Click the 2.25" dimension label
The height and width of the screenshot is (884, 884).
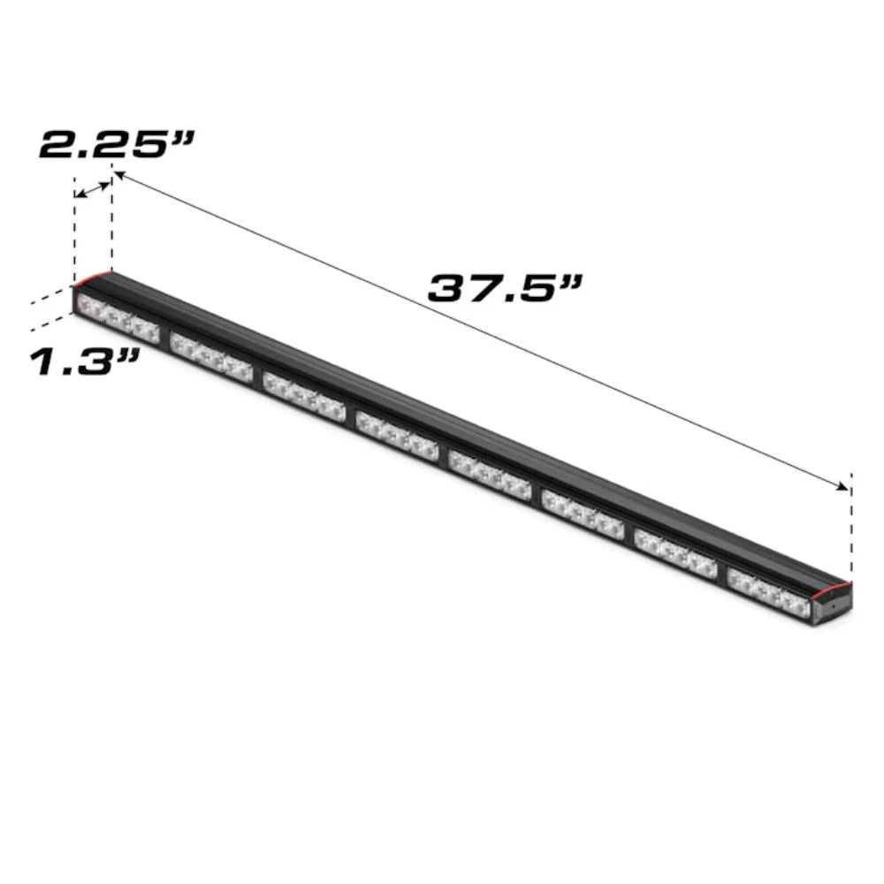click(115, 144)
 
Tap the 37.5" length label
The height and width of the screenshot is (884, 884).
click(507, 287)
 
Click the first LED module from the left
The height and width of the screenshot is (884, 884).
click(118, 319)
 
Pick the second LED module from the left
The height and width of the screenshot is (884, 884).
click(211, 357)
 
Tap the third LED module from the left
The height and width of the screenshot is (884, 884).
click(303, 395)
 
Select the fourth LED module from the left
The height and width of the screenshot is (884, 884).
click(397, 434)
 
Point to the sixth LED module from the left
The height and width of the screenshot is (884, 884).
click(583, 513)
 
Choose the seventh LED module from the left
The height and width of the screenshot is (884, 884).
click(675, 552)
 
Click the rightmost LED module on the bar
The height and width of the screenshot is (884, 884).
click(769, 592)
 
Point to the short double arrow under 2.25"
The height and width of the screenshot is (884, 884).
click(93, 189)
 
